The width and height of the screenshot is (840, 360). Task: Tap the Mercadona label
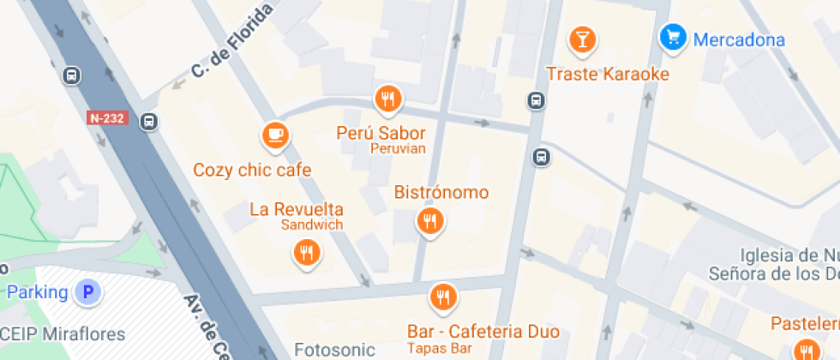click(739, 39)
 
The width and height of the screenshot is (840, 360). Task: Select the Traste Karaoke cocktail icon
click(583, 39)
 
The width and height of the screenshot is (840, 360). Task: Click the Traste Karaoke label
click(607, 74)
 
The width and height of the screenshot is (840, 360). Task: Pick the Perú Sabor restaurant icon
click(388, 99)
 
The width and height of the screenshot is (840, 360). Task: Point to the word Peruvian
click(398, 149)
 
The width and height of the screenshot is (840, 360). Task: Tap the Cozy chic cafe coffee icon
click(274, 135)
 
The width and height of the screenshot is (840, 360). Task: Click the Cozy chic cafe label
click(252, 170)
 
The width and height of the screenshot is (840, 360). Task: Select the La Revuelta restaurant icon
click(306, 252)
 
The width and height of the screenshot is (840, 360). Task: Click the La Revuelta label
click(297, 209)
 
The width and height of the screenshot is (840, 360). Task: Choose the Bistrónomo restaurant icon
click(430, 222)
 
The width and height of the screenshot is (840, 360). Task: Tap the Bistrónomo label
click(441, 192)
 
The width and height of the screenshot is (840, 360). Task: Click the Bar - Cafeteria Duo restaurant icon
click(442, 297)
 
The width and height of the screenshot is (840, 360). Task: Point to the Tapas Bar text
click(439, 347)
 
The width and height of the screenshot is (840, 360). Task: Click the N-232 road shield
click(107, 118)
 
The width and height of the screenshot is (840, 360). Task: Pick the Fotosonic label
click(334, 350)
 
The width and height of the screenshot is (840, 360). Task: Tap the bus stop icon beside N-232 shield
click(149, 122)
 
